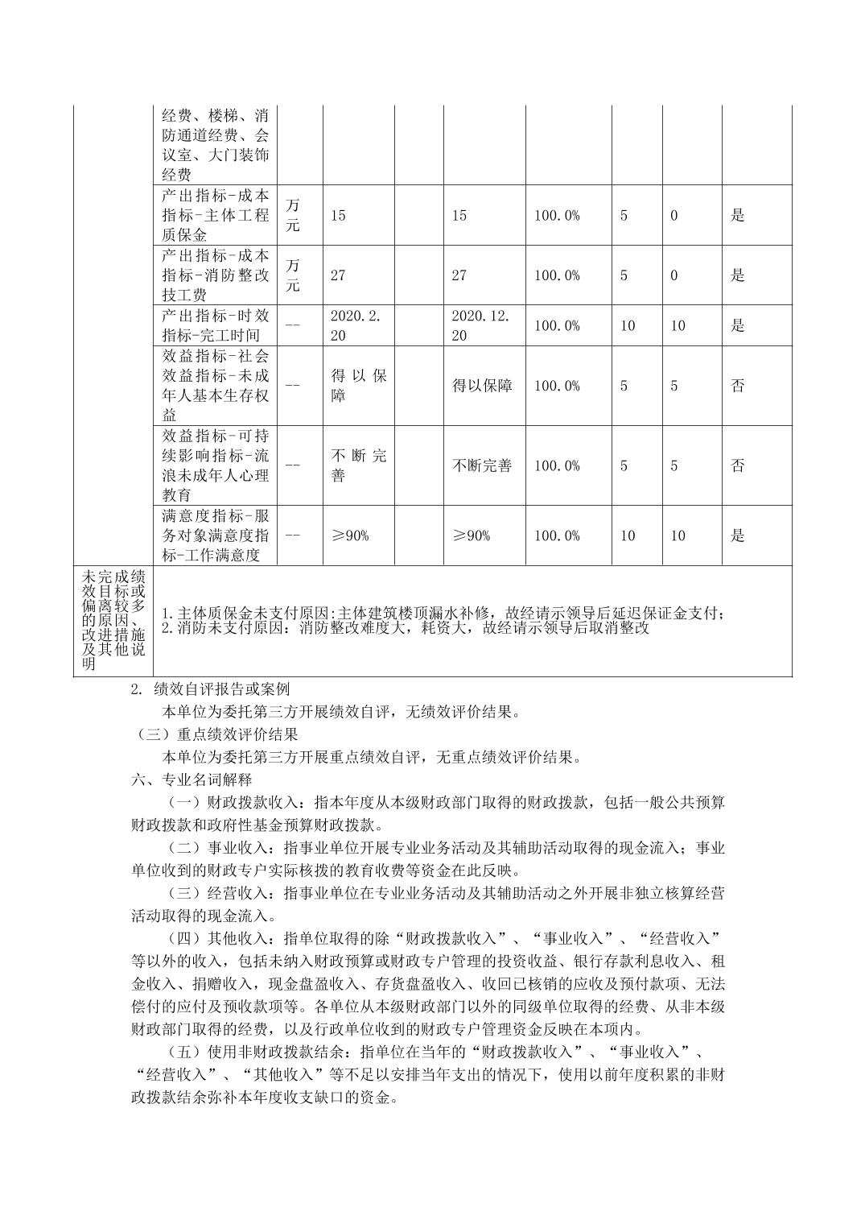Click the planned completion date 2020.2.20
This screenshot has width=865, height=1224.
[x=357, y=325]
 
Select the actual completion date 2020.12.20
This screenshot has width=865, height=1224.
[x=480, y=325]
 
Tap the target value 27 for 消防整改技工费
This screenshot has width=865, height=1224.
[x=338, y=275]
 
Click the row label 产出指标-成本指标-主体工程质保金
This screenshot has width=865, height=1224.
[x=215, y=215]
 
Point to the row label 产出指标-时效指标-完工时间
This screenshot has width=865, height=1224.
[x=215, y=325]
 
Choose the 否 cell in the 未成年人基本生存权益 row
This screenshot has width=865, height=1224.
[x=737, y=386]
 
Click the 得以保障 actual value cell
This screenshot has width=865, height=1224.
[x=482, y=386]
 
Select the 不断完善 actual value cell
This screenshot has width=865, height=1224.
[x=482, y=465]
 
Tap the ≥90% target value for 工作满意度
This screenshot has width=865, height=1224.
[x=350, y=535]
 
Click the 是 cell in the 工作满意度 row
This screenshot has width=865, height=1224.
[x=737, y=535]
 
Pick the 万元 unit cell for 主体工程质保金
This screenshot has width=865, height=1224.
[x=293, y=215]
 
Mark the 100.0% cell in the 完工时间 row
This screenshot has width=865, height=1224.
[x=557, y=325]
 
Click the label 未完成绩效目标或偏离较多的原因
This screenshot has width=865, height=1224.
[x=113, y=620]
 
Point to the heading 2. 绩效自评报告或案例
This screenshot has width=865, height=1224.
[x=210, y=689]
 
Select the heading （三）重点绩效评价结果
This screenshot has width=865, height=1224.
[x=216, y=734]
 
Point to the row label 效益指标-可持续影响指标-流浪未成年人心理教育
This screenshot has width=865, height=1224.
[x=215, y=465]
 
